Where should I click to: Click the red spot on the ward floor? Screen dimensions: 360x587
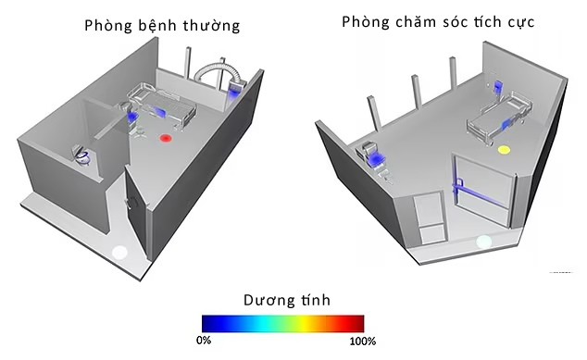click(166, 139)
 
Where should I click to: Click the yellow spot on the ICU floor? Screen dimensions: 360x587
click(505, 149)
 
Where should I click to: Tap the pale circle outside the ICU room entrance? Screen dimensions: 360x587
click(483, 242)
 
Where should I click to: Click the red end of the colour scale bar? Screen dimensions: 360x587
click(356, 323)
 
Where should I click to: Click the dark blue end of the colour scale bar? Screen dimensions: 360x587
click(209, 323)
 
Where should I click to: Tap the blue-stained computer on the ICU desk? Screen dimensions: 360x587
click(377, 159)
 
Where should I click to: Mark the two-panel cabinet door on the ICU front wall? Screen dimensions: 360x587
click(429, 218)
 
